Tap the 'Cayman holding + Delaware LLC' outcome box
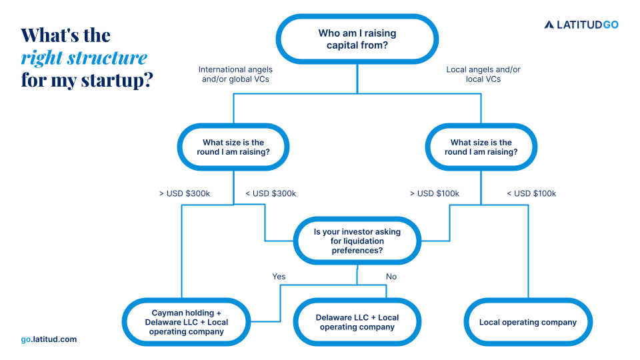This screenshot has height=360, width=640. coord(186,322)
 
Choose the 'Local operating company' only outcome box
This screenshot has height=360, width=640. coord(527,322)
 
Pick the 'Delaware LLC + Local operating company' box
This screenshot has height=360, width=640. coord(357,322)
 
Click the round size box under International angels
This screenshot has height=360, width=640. coord(233,147)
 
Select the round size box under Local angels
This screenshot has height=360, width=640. coord(481,147)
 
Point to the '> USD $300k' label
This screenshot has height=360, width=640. coord(184,193)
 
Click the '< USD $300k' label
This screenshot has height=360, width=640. coord(271,193)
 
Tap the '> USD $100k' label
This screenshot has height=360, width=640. coord(434,193)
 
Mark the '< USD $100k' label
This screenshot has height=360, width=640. coord(531,193)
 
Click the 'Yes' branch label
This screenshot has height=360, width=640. coord(279,276)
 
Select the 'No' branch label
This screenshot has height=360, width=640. coord(391,276)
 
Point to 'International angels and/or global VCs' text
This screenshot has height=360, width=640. coord(235,74)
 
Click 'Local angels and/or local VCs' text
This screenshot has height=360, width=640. coord(483,74)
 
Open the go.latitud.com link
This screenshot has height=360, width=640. coord(49,339)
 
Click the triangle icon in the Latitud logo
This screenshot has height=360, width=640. coord(549,25)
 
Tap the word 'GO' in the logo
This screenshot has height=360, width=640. coord(610,25)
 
